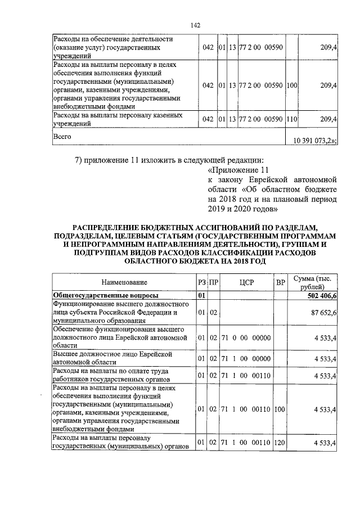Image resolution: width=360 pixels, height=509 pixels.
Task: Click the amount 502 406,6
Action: (318, 295)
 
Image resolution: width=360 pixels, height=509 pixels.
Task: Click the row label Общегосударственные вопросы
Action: (105, 295)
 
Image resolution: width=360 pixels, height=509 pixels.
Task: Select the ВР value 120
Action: (280, 444)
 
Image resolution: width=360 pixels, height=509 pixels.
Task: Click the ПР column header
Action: (213, 282)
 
